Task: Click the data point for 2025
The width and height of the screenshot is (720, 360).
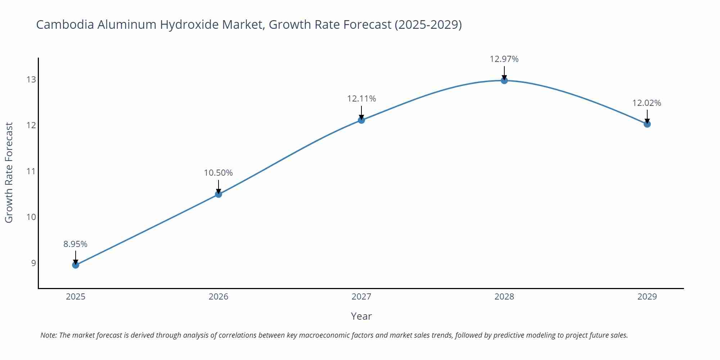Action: tap(76, 265)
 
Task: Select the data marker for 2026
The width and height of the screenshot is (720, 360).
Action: tap(219, 194)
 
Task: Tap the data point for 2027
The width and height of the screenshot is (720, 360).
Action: tap(361, 120)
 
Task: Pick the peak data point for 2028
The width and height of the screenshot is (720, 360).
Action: tap(504, 81)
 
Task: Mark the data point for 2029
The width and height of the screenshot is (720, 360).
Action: tap(647, 124)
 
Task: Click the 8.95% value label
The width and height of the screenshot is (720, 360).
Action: tap(76, 244)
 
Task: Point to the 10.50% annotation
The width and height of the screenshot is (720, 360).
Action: tap(219, 173)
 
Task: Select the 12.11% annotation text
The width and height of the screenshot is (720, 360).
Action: tap(361, 99)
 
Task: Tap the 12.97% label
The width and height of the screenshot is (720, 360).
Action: tap(504, 59)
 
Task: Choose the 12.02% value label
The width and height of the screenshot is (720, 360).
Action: tap(647, 103)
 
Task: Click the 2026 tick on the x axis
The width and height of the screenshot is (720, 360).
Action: tap(219, 297)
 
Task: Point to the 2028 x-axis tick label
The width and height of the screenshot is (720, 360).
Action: tap(504, 297)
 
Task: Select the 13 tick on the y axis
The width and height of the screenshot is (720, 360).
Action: tap(31, 80)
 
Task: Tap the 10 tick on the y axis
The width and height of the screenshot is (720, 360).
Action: tap(31, 217)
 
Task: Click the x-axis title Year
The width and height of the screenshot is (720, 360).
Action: tap(361, 316)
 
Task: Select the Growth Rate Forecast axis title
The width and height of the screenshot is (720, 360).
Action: tap(9, 172)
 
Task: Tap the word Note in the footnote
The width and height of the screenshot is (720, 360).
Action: tap(48, 335)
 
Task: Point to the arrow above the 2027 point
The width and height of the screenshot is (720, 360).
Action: tap(361, 112)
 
